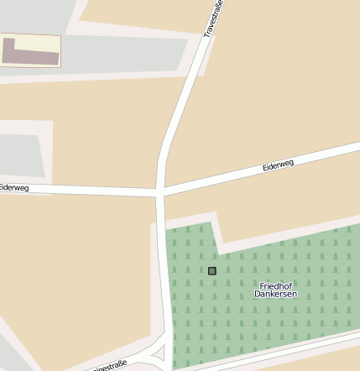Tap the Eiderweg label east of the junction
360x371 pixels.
[x=278, y=165]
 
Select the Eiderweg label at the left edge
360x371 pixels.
[x=15, y=188]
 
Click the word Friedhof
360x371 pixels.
[x=275, y=286]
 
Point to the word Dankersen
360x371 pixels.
[x=275, y=295]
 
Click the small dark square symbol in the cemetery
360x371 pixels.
[x=212, y=270]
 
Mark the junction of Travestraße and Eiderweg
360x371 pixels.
[x=159, y=193]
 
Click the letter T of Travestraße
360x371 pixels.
[x=206, y=34]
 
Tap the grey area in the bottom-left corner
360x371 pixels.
[x=12, y=353]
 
